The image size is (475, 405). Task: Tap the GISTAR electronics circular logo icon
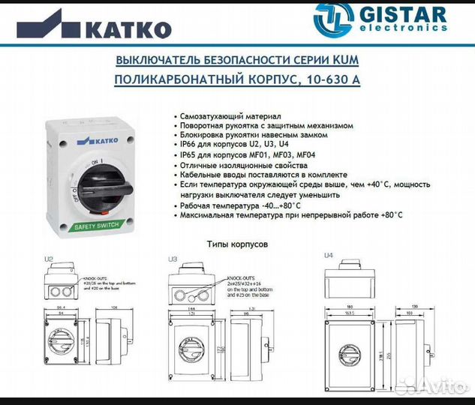tap(332, 20)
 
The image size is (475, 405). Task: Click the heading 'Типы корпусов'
tap(237, 244)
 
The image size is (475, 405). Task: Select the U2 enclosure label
tap(49, 259)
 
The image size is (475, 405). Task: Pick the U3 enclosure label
tap(173, 259)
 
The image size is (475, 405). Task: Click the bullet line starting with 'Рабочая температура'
tap(239, 205)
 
